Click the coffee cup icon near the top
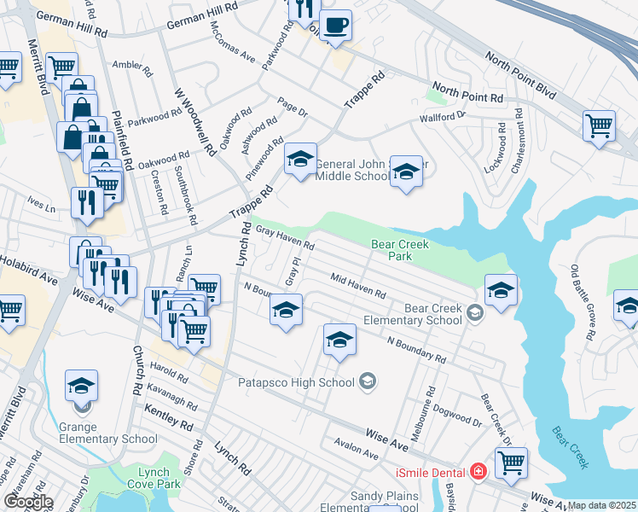pyautogui.click(x=336, y=26)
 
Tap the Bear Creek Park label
pyautogui.click(x=400, y=250)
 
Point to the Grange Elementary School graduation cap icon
pyautogui.click(x=82, y=386)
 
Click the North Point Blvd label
pyautogui.click(x=467, y=90)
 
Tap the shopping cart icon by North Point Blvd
pyautogui.click(x=600, y=125)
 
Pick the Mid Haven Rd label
pyautogui.click(x=358, y=286)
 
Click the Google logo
pyautogui.click(x=27, y=501)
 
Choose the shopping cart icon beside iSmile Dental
pyautogui.click(x=512, y=463)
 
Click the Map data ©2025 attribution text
pyautogui.click(x=602, y=505)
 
